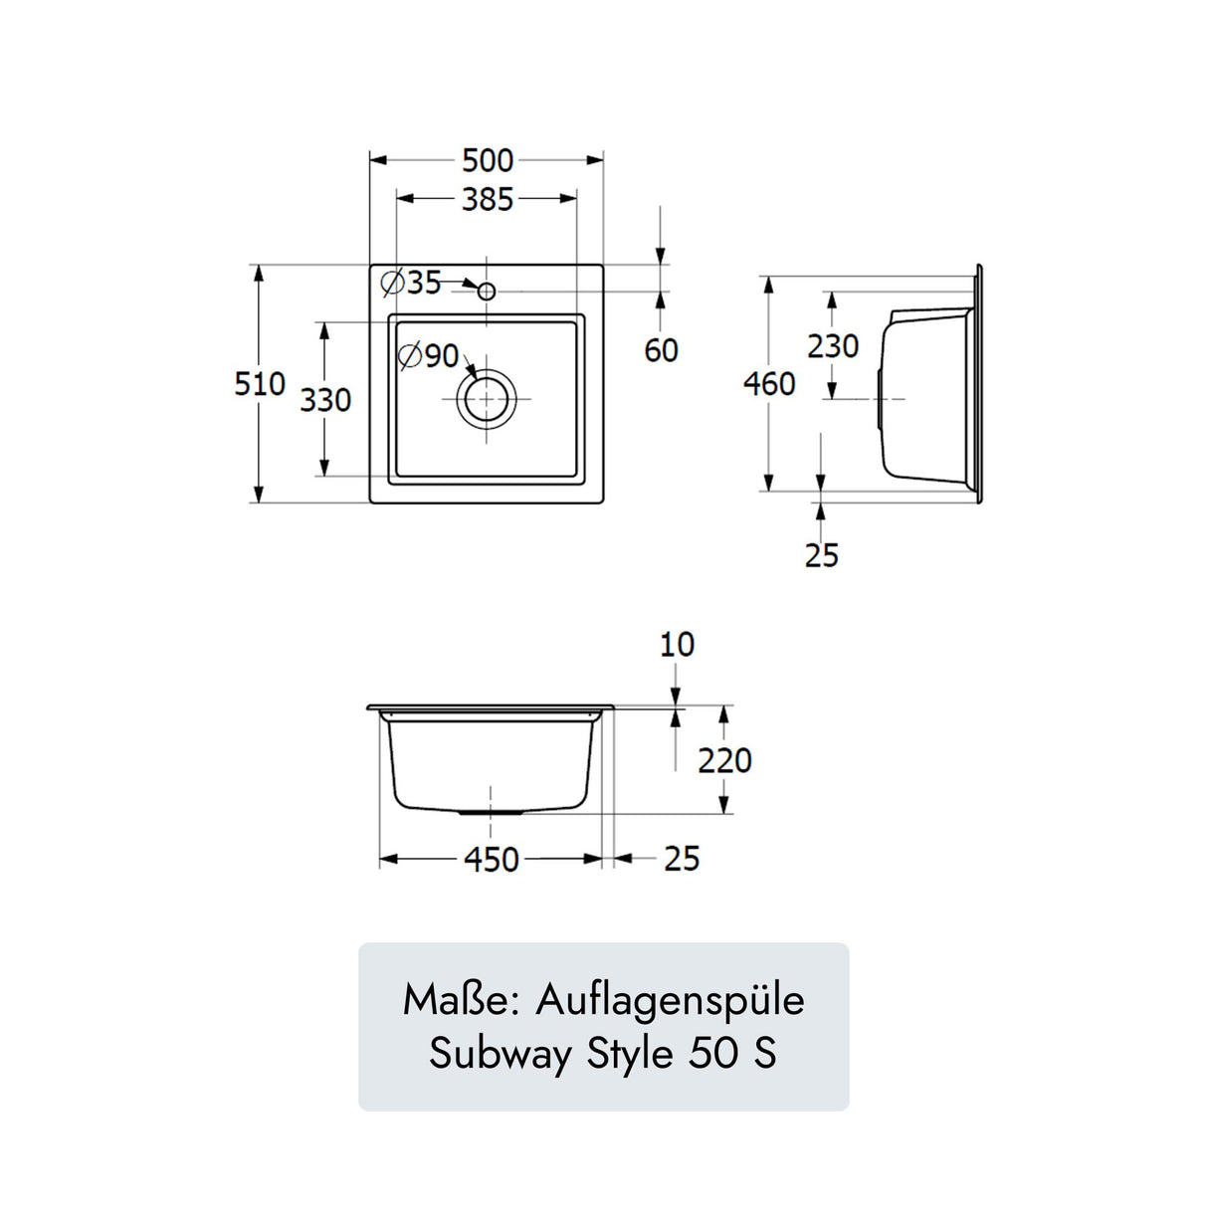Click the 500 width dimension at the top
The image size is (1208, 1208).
tap(488, 160)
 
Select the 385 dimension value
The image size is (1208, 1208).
tap(488, 199)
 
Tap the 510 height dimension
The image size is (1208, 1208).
tap(259, 384)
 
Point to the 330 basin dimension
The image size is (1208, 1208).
tap(325, 400)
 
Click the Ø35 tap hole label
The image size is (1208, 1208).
tap(412, 283)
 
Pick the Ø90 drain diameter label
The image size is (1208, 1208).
tap(429, 355)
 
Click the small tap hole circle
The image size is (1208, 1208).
tap(487, 291)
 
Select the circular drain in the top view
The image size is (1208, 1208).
tap(487, 399)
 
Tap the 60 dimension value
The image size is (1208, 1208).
tap(661, 350)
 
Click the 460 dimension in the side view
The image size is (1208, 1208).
tap(769, 384)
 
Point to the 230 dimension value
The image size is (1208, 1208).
tap(833, 346)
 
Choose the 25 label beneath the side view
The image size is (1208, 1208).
tap(822, 555)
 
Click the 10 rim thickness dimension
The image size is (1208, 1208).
tap(677, 645)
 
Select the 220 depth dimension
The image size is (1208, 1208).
tap(724, 761)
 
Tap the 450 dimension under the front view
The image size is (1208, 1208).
tap(492, 860)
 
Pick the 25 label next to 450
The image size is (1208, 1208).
tap(682, 859)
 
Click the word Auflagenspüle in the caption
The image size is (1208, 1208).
tap(670, 1000)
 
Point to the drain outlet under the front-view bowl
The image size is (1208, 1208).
tap(491, 813)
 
